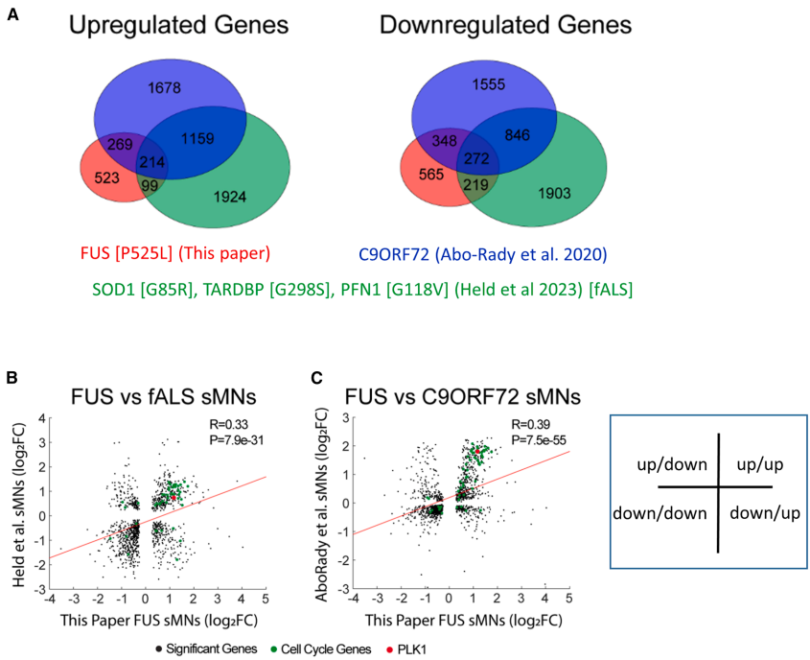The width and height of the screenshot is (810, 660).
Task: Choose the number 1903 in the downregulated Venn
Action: tap(556, 194)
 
